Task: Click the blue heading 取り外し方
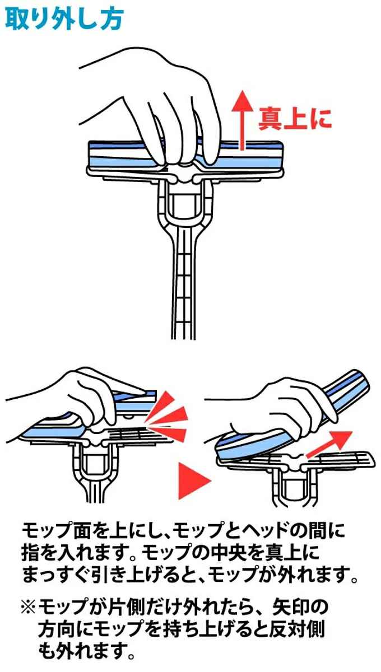click(64, 19)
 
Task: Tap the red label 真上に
click(295, 119)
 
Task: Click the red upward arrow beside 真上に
click(242, 120)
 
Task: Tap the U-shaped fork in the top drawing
click(185, 204)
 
